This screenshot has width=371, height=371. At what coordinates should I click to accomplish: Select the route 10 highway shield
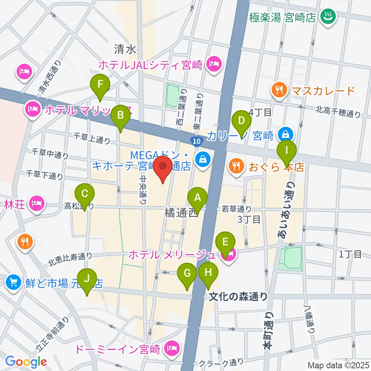[196, 141]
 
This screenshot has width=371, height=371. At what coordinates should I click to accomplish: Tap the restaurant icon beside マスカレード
[279, 90]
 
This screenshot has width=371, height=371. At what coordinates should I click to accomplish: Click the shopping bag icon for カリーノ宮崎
[286, 134]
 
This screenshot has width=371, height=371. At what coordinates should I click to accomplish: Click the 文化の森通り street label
[238, 296]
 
